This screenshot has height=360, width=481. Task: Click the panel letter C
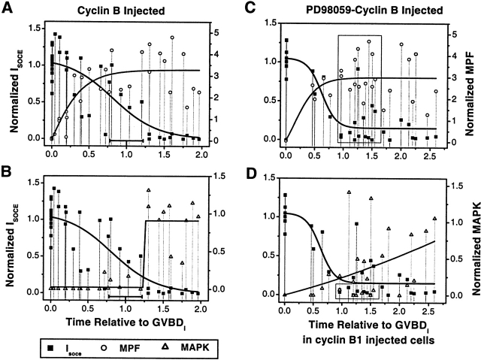point(250,9)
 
